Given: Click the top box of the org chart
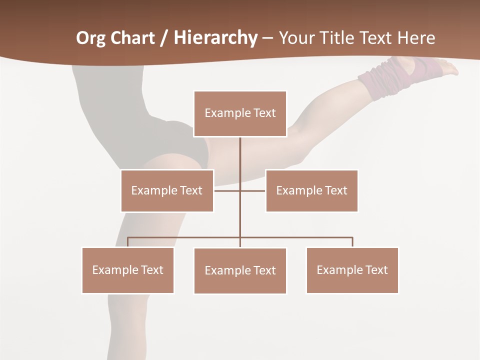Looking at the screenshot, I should coord(240,113).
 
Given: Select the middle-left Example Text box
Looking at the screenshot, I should coord(167,190).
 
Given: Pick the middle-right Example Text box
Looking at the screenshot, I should coord(311,190).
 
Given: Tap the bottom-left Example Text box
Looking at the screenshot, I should coord(128,270).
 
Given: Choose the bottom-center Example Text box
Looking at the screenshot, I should coord(240,270).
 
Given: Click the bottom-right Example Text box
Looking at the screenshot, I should coord(352,270).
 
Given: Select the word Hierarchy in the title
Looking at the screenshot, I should coord(215,38).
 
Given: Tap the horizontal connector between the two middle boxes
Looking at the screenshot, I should coord(239,190).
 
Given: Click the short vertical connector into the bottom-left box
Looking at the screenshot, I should coord(128,242).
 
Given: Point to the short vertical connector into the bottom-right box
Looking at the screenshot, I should coord(352,242).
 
